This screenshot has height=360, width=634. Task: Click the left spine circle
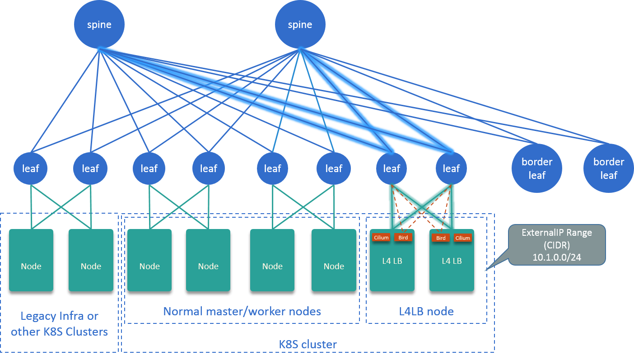coord(99,25)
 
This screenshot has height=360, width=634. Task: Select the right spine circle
coord(300,25)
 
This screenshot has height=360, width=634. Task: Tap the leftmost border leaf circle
coord(537,168)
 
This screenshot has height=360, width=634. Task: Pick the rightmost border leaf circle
coord(608,168)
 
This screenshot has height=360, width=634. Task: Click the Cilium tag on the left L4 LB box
coord(381,238)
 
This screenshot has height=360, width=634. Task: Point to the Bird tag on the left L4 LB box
coord(403,238)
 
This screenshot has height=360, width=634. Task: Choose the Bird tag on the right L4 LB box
coord(441,238)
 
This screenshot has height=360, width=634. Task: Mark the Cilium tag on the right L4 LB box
coord(463,238)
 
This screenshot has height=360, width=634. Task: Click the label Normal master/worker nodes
coord(242,311)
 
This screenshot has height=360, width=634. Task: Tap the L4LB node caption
coord(426,311)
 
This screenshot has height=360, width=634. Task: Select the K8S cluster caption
coord(308,344)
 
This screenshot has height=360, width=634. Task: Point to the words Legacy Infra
coord(59,316)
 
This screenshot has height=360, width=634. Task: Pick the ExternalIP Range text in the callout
coord(556,233)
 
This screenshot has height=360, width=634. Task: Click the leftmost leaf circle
coord(31,168)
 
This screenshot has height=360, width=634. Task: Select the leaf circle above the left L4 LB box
coord(392,168)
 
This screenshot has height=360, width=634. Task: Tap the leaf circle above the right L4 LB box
coord(451,168)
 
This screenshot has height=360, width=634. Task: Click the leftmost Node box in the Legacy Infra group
coord(31,262)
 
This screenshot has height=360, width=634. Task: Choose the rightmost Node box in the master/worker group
coord(334,262)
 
